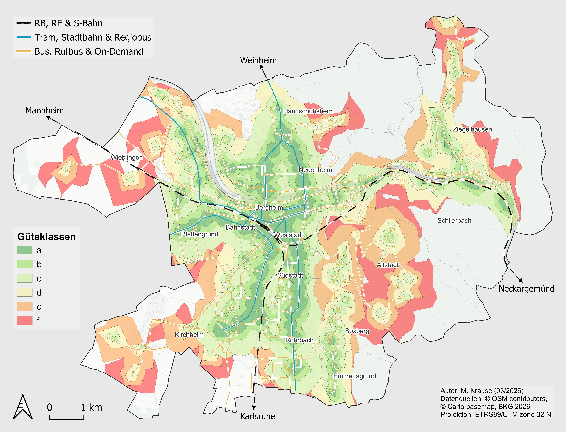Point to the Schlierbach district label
point(454,221)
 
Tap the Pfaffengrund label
point(199,234)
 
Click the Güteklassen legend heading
point(46,237)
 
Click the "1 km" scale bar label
point(91,407)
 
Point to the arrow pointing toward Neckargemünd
point(516,276)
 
